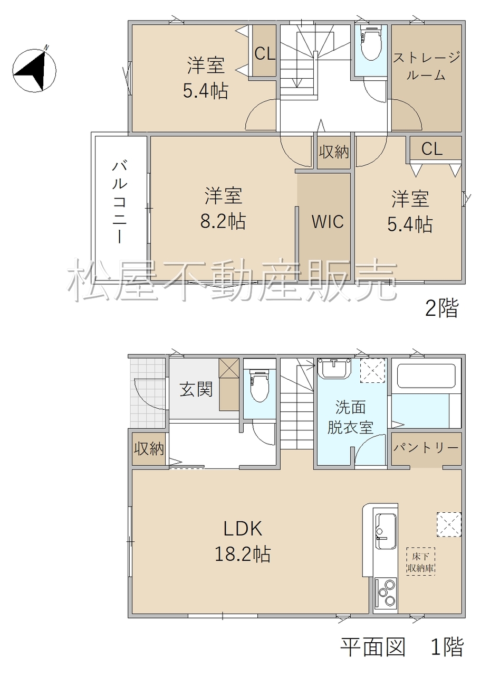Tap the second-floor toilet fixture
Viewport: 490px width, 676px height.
(370, 44)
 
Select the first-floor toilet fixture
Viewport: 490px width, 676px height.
(259, 387)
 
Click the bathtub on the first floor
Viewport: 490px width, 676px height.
(426, 376)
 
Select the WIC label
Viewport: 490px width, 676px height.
(327, 221)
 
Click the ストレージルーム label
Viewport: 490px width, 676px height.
(426, 66)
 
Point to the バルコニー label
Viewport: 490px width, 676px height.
(120, 202)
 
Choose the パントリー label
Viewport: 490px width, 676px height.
(426, 448)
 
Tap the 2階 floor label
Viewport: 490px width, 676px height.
(441, 307)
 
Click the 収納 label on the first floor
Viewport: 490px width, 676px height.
(149, 449)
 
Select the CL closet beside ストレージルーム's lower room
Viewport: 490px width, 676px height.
(432, 149)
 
